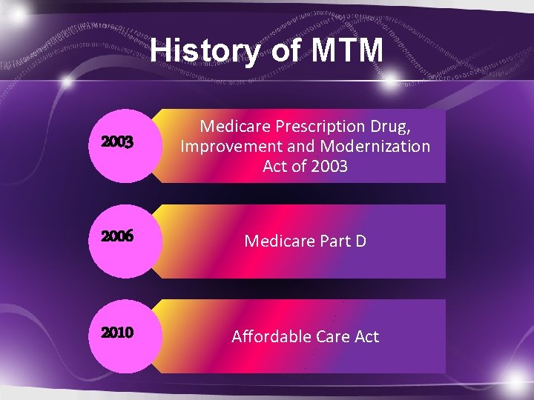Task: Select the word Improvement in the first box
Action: [227, 146]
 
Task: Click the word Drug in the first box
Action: [388, 126]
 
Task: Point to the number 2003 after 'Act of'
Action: [329, 166]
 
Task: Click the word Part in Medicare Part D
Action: [333, 241]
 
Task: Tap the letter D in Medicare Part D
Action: [360, 241]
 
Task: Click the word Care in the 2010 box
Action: [332, 337]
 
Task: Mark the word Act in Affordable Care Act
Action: [366, 337]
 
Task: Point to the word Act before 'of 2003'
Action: [276, 166]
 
